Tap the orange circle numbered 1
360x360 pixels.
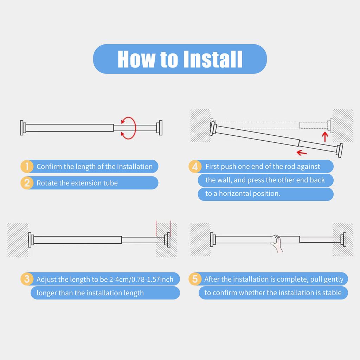pos(27,166)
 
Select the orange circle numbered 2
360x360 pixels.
pos(27,183)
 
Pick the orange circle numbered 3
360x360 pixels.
pos(27,279)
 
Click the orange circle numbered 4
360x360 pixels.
pos(195,166)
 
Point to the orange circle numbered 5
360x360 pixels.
pos(195,279)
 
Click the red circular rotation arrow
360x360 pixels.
pos(135,128)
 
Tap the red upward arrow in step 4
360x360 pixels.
pos(324,137)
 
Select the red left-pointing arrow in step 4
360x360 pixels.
pos(301,153)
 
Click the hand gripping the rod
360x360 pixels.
pos(277,243)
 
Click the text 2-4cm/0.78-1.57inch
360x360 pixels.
pos(141,279)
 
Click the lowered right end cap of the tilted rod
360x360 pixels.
pos(340,150)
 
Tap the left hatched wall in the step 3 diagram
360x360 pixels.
pos(18,240)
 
